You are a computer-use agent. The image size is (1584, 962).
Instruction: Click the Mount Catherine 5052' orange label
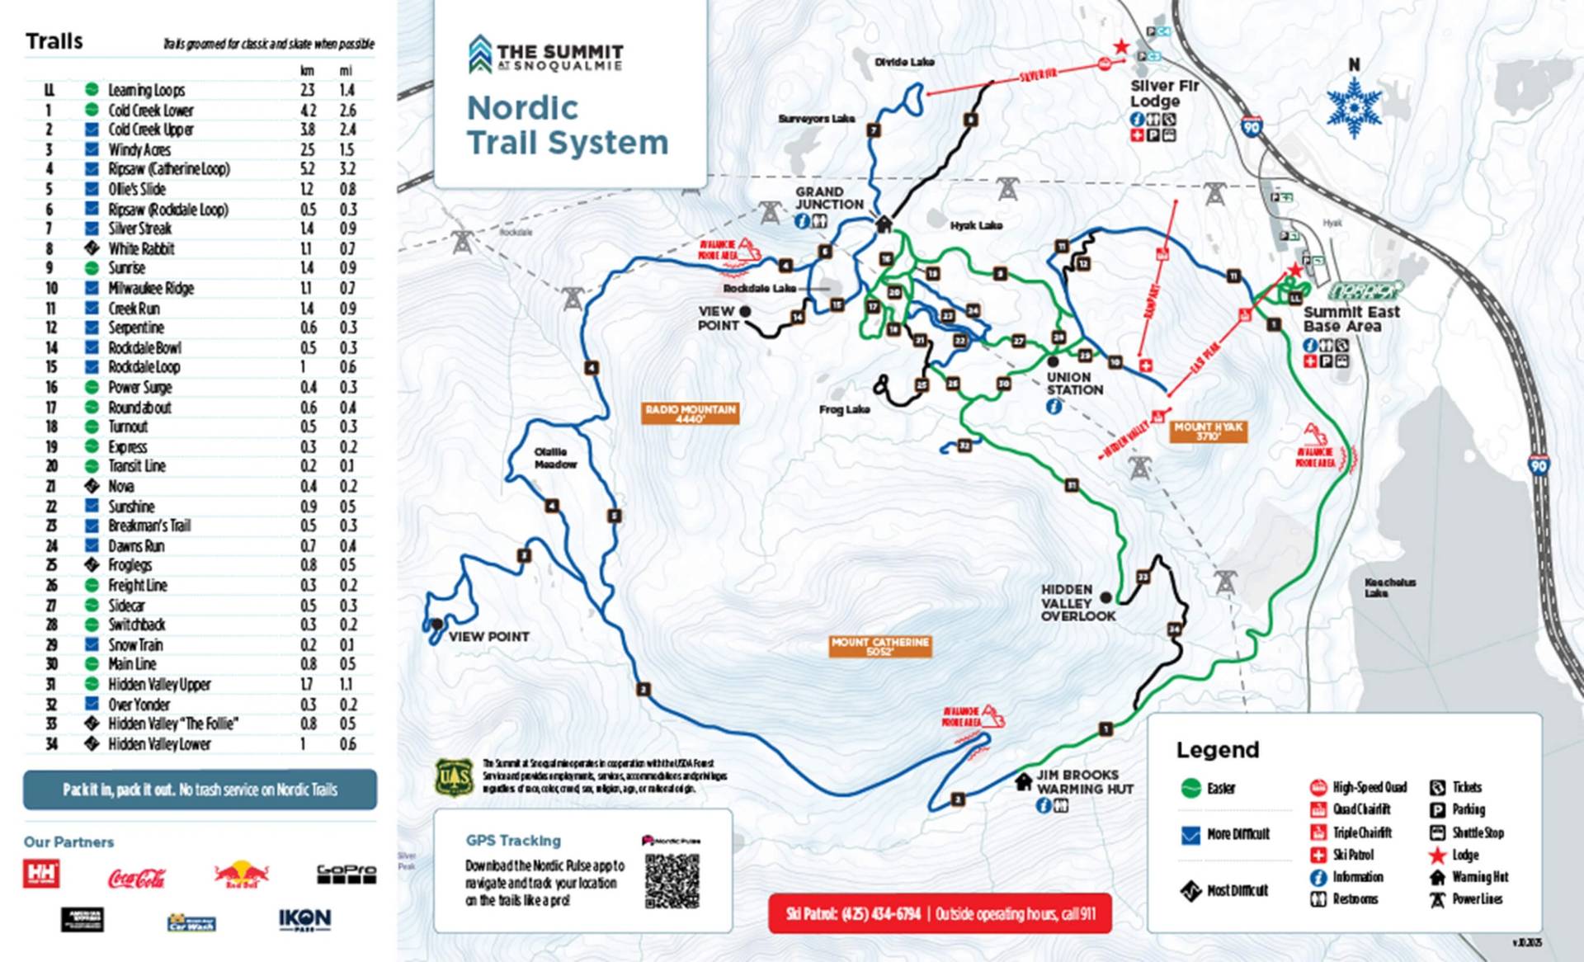pyautogui.click(x=880, y=646)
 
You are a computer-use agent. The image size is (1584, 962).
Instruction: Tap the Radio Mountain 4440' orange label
pyautogui.click(x=691, y=413)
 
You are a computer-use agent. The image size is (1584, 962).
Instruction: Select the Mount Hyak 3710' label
pyautogui.click(x=1208, y=431)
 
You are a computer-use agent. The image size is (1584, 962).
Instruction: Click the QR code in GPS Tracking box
pyautogui.click(x=672, y=880)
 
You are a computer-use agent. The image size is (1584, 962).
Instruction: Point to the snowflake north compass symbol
pyautogui.click(x=1354, y=107)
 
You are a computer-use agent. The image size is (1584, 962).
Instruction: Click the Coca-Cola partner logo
pyautogui.click(x=137, y=877)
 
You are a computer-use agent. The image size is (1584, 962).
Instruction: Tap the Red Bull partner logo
pyautogui.click(x=241, y=874)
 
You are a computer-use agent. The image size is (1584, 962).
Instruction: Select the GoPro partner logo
pyautogui.click(x=346, y=873)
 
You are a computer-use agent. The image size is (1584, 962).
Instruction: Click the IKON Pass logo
pyautogui.click(x=304, y=919)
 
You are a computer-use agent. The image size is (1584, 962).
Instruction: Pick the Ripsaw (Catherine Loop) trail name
pyautogui.click(x=169, y=169)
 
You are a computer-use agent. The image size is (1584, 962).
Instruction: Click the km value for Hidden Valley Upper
pyautogui.click(x=307, y=684)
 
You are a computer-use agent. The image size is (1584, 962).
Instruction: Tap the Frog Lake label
pyautogui.click(x=844, y=409)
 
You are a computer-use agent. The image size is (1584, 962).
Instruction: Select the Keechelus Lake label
pyautogui.click(x=1389, y=587)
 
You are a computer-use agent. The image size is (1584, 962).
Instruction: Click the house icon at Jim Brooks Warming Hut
pyautogui.click(x=1023, y=780)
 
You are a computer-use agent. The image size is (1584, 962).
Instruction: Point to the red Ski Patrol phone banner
pyautogui.click(x=940, y=914)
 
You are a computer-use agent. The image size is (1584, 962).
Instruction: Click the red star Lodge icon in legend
pyautogui.click(x=1437, y=855)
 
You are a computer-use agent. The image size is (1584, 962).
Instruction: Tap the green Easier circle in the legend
pyautogui.click(x=1190, y=788)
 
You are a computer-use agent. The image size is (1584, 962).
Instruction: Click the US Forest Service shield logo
pyautogui.click(x=454, y=777)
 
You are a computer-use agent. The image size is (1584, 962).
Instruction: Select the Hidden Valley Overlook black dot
pyautogui.click(x=1105, y=597)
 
